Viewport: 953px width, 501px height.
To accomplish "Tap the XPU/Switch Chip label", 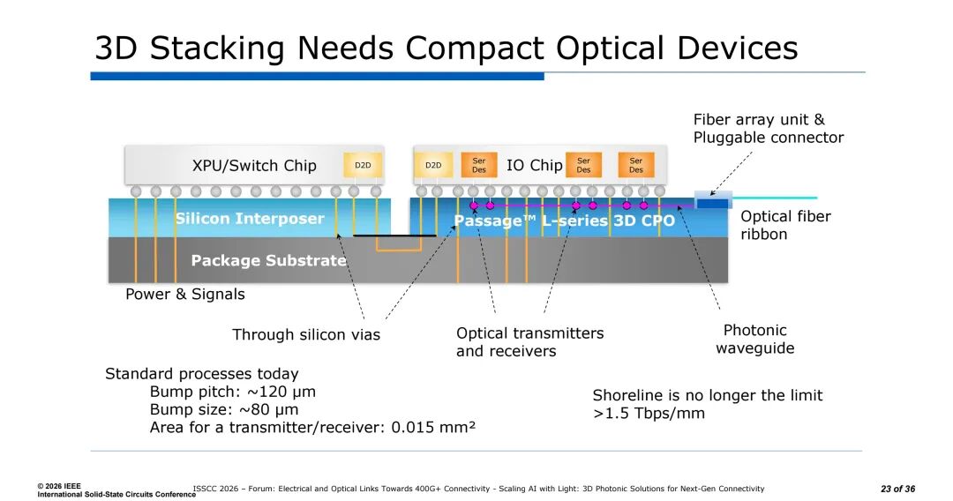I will click(x=254, y=166).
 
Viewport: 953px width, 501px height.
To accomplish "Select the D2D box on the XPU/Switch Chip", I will click(x=363, y=165).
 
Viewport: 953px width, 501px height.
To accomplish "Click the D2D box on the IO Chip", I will click(x=433, y=165).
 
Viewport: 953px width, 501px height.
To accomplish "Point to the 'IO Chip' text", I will click(x=534, y=165).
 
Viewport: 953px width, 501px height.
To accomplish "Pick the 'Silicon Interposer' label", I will click(x=250, y=219).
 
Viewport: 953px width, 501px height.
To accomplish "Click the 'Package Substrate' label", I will click(x=268, y=260).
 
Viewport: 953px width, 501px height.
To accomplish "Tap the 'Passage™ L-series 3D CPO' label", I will click(x=564, y=221).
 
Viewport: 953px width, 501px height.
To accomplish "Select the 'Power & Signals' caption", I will click(x=185, y=294).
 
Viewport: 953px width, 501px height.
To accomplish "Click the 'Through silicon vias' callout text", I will click(x=306, y=334).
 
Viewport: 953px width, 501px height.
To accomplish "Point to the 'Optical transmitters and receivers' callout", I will click(x=529, y=342).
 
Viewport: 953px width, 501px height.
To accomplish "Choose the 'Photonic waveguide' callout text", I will click(x=754, y=339).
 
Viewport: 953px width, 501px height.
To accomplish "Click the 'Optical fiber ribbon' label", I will click(x=785, y=225).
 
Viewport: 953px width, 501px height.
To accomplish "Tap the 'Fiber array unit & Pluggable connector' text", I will click(x=768, y=129).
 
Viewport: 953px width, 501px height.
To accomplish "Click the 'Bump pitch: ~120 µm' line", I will click(x=233, y=392).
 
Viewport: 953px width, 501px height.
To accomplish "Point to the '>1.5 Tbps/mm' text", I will click(x=649, y=413).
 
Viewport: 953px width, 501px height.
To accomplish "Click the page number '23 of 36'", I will click(x=897, y=489).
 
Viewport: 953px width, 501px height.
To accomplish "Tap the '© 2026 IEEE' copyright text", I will click(x=59, y=486).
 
